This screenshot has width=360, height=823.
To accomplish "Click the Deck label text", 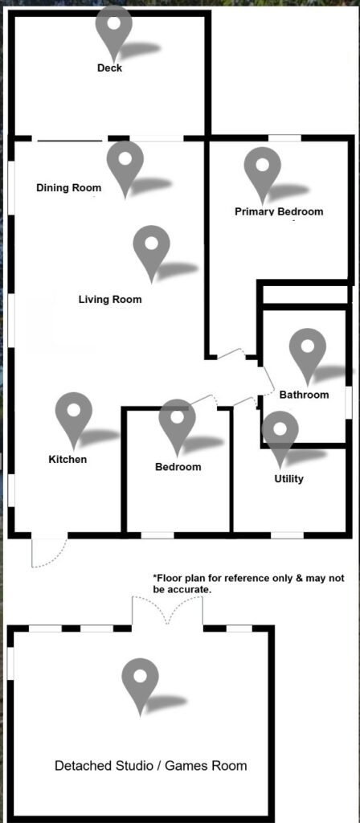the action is [x=109, y=68].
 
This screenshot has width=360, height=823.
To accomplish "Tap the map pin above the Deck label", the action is [x=114, y=33].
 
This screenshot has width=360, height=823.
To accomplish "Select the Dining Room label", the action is [x=69, y=187].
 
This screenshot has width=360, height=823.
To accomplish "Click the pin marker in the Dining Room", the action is [x=125, y=169].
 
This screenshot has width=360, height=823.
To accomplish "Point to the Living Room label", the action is [x=110, y=300].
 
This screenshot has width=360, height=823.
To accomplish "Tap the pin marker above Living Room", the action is [x=151, y=253].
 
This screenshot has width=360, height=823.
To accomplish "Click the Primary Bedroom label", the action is [x=279, y=211].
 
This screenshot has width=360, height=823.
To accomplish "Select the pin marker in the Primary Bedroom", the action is [x=263, y=175].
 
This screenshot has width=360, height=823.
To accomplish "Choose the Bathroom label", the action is [x=304, y=395].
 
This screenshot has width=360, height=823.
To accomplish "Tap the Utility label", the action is [x=289, y=479].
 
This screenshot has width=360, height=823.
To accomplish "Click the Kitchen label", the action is [x=67, y=459].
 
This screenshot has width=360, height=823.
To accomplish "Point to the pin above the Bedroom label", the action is [x=178, y=428].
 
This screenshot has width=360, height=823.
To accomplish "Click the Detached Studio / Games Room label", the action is [x=150, y=765].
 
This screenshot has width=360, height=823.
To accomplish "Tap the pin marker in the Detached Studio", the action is [x=140, y=687].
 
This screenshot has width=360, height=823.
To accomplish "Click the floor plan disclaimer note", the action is [x=248, y=583].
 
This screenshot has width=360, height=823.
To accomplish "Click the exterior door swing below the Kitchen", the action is [x=49, y=552].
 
